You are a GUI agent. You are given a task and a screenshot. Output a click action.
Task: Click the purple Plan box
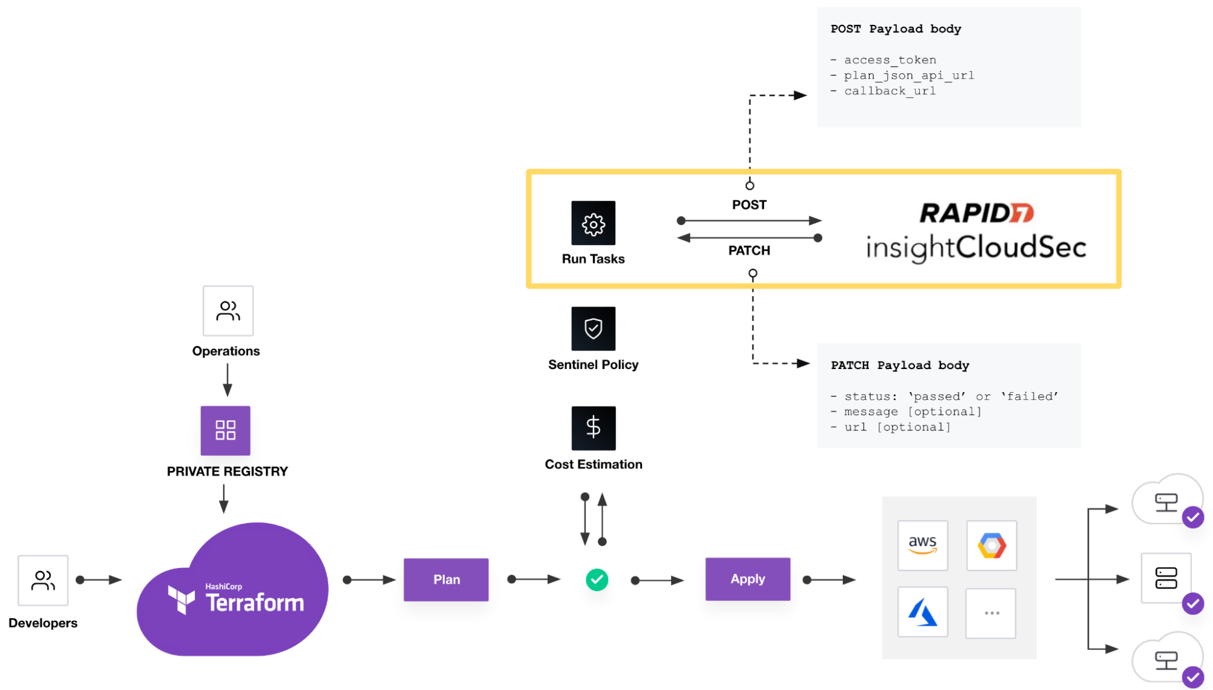446,580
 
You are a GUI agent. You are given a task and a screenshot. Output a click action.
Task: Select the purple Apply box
748,579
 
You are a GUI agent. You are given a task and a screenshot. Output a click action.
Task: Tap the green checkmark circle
597,580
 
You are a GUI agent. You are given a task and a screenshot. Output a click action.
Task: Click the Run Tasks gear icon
593,223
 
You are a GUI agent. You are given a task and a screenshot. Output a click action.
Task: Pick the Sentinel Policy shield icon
593,328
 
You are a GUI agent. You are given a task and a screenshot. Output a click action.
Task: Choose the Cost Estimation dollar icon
593,428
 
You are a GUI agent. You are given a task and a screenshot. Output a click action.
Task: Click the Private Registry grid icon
225,430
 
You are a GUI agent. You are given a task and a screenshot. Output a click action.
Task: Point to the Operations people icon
228,311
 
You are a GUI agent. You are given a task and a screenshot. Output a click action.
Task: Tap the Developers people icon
43,580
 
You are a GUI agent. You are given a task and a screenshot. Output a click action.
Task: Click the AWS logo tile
922,545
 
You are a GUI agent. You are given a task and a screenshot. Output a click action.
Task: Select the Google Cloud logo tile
992,545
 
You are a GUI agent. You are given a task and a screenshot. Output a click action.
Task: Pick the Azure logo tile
922,612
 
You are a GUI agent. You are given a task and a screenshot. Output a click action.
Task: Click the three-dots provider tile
992,613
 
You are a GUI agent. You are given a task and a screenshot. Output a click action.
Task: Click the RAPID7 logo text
976,213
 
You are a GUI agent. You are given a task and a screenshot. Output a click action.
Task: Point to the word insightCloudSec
976,248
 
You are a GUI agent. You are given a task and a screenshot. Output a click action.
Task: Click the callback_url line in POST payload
890,91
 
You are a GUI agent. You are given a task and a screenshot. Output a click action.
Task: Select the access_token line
890,60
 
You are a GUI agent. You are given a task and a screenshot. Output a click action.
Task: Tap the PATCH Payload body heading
900,365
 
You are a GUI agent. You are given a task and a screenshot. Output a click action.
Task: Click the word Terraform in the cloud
255,603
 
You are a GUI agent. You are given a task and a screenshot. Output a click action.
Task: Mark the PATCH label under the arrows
749,251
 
